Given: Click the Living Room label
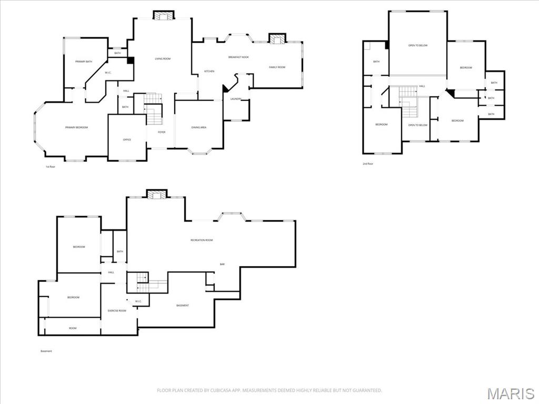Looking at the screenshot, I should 162,58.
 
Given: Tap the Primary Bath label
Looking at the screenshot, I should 83,62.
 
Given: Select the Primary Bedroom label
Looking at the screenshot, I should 76,128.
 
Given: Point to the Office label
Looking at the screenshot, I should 127,139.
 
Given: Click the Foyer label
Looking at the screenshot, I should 162,132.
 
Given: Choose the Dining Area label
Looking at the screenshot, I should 198,128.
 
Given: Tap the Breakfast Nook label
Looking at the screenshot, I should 238,57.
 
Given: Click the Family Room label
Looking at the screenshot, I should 277,67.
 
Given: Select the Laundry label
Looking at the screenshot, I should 236,98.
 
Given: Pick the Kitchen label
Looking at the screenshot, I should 209,71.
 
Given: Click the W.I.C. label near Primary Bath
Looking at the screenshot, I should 107,73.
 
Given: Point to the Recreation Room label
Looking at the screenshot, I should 202,240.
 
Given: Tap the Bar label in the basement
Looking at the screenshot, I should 222,264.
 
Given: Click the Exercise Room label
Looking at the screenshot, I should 117,310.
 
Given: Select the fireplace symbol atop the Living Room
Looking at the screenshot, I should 163,15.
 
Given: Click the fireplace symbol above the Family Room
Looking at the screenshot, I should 276,38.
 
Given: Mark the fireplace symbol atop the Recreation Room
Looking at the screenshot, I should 156,195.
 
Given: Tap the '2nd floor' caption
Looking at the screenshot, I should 368,164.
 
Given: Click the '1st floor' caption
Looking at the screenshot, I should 50,167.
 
